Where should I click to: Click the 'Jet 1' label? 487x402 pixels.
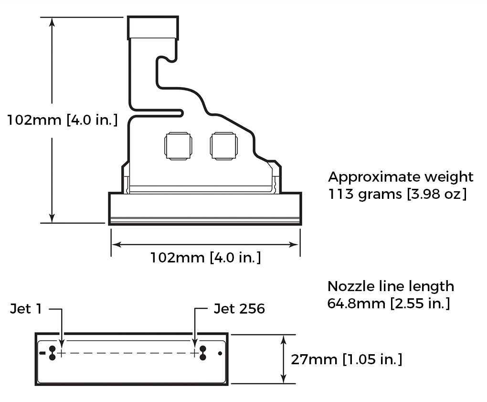coord(26,309)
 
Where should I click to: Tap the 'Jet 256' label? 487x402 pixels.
coord(239,309)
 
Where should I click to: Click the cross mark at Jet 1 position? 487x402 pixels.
coord(62,353)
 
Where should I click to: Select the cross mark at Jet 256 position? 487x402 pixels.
coord(194,353)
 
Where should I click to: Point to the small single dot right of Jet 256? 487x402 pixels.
coord(220,353)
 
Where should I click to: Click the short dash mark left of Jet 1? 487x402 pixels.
coord(42,353)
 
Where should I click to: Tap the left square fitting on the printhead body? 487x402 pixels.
coord(178,145)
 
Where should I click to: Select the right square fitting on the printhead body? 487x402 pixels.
coord(223,145)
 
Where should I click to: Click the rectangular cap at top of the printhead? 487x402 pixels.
coord(153,28)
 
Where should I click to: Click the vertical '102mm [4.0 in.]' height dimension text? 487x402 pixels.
coord(62,120)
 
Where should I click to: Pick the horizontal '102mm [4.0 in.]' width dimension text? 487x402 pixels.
coord(205,258)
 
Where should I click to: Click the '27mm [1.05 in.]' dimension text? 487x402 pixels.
coord(346,359)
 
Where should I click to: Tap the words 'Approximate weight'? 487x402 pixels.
coord(401,177)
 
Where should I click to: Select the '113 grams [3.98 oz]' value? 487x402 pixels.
coord(397,195)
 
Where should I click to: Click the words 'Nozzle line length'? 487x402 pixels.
coord(391,286)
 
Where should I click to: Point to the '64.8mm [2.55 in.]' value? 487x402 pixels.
coord(388,304)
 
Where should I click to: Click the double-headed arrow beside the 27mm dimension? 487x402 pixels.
coord(284,359)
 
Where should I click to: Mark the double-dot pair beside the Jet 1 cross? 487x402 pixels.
coord(53,353)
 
